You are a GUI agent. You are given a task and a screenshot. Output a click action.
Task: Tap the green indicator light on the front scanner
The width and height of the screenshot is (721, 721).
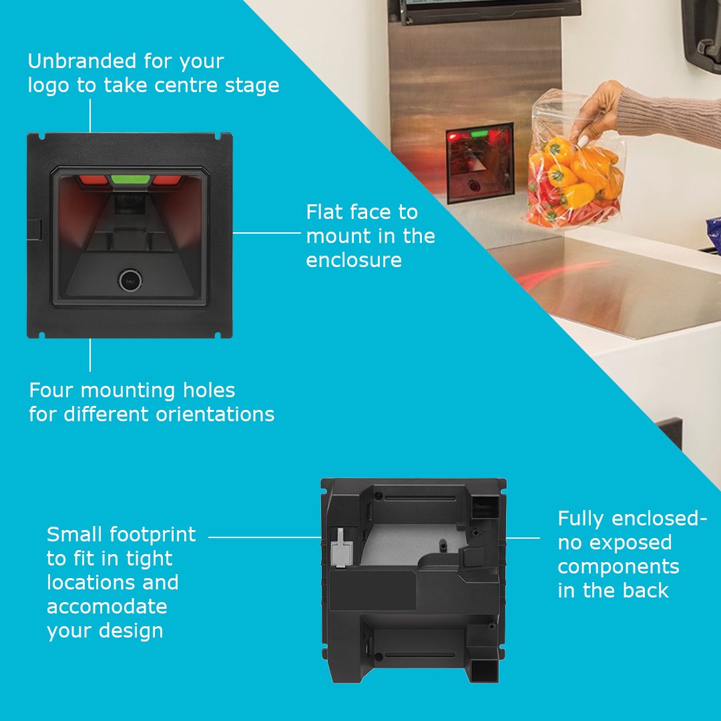[x=130, y=180]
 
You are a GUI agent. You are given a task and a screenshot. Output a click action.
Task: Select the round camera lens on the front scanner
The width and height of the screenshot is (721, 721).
[x=129, y=280]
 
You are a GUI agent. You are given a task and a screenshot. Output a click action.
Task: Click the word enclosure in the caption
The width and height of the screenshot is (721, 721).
[x=354, y=260]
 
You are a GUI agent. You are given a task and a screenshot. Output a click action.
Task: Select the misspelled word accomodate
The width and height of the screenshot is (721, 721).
[x=107, y=608]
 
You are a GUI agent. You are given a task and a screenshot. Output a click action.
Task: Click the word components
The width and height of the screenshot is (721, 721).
[x=618, y=567]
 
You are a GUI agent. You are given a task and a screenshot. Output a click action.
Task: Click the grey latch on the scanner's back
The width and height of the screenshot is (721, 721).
[x=338, y=547]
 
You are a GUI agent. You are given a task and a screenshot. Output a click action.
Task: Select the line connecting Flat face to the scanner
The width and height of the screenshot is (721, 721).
[x=267, y=233]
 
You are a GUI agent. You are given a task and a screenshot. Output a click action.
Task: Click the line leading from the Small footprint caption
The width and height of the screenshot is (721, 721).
[x=264, y=536]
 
